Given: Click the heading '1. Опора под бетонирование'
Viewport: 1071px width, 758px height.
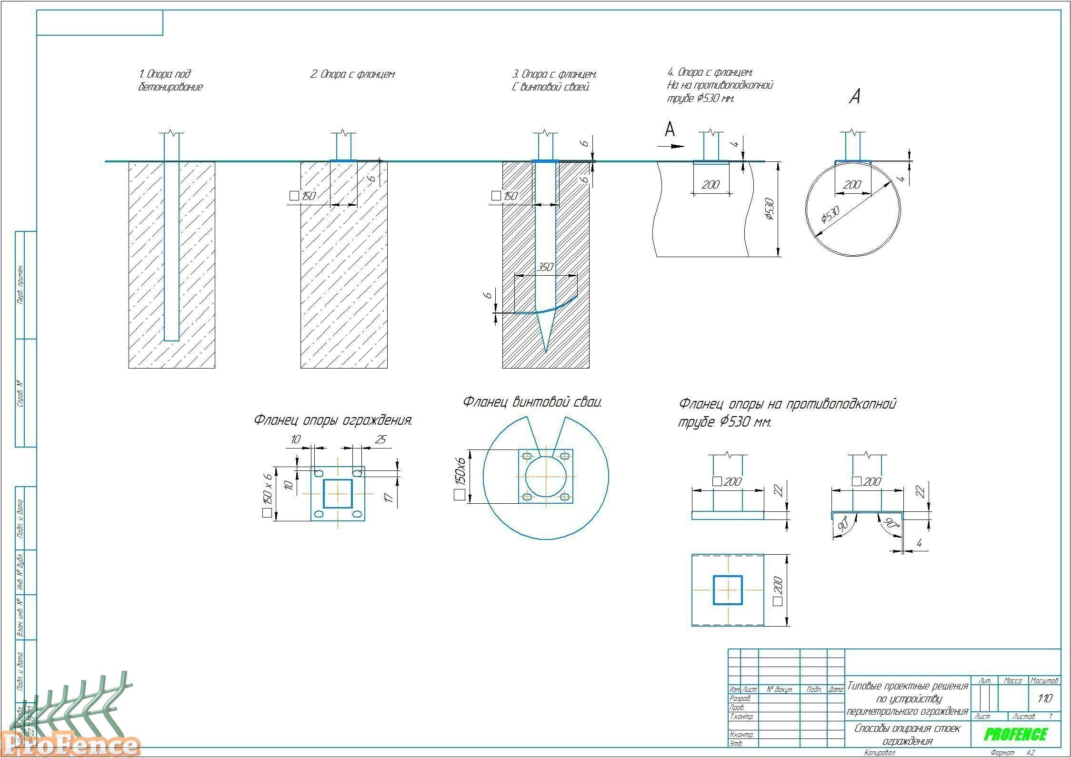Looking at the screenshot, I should click(170, 80).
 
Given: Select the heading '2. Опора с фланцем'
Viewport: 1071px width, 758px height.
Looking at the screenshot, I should click(352, 74).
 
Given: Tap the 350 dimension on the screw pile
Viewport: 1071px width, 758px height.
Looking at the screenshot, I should click(545, 267).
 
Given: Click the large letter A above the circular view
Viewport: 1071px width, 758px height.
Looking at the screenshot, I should click(855, 97).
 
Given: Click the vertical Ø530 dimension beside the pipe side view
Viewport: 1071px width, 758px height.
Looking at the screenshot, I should click(770, 209).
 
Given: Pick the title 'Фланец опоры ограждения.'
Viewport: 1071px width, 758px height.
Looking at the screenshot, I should click(333, 420).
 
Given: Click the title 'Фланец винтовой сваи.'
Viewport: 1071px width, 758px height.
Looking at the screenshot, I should click(532, 402).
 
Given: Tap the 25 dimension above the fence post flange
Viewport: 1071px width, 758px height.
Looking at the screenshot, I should click(380, 439).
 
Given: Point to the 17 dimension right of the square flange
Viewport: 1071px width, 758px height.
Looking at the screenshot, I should click(389, 497).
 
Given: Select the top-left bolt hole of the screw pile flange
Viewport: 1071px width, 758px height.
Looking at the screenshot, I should click(527, 456).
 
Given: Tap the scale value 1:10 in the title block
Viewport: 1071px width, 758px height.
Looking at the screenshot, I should click(1045, 698).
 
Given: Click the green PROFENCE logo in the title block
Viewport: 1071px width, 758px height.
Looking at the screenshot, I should click(1016, 734).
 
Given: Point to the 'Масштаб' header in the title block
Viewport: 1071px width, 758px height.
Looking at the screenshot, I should click(1044, 681).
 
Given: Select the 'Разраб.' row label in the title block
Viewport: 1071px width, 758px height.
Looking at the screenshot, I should click(740, 698).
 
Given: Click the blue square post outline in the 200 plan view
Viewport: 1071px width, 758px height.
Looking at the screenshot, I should click(728, 590).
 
